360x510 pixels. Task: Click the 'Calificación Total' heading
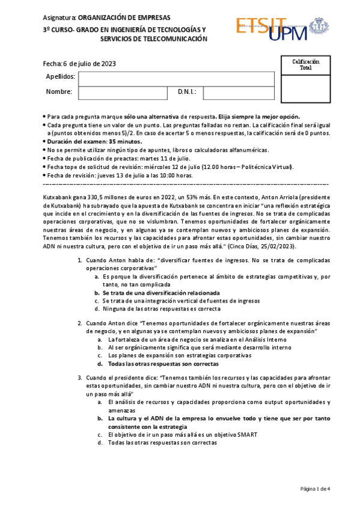coord(305,65)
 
